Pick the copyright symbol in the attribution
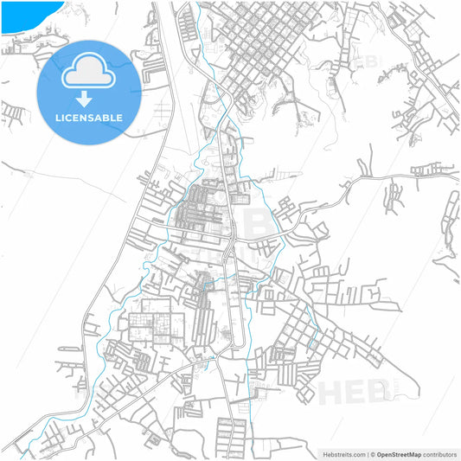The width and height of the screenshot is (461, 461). click(373, 453)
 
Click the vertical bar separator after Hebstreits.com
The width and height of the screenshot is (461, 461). click(367, 453)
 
